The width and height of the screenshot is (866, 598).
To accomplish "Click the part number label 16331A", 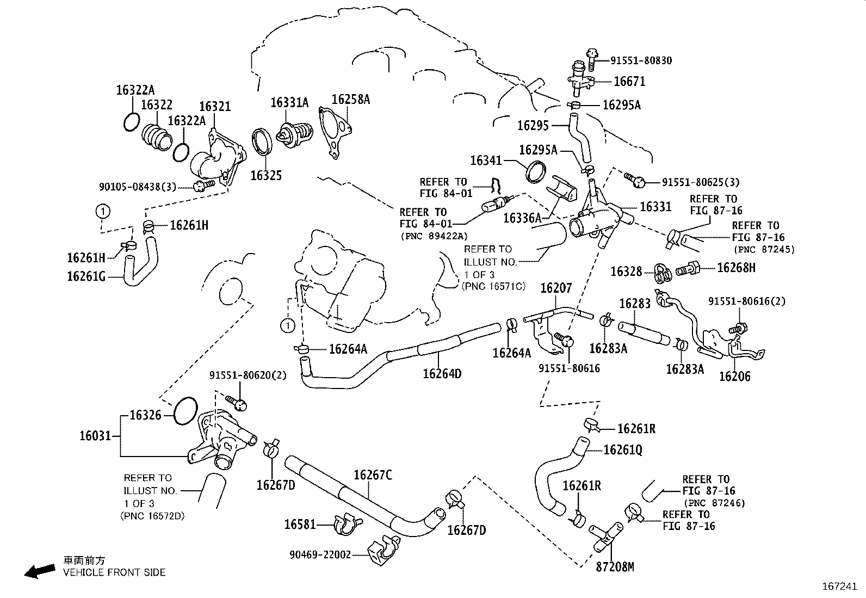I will (x=289, y=102).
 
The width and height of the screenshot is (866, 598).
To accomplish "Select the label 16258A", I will (x=350, y=99).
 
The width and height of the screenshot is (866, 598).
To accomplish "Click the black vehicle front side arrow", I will (x=40, y=570).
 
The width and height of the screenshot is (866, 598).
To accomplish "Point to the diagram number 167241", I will (x=839, y=587).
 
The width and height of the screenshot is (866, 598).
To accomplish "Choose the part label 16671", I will (x=629, y=82).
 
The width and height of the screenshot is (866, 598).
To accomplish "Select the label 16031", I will (x=95, y=435).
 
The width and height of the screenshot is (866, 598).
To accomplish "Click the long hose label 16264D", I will (x=442, y=373).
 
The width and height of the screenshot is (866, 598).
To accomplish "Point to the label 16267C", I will (x=373, y=475).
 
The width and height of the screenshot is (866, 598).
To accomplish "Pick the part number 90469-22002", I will (x=320, y=555).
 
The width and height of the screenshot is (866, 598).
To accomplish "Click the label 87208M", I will (x=615, y=567).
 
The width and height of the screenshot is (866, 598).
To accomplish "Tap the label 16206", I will (x=734, y=376).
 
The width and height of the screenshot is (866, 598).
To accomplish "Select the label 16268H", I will (x=736, y=268).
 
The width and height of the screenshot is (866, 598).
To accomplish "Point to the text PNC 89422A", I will (x=433, y=236).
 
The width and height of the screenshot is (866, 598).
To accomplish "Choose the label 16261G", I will (x=86, y=276).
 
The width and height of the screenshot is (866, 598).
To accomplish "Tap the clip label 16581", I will (x=300, y=525).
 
